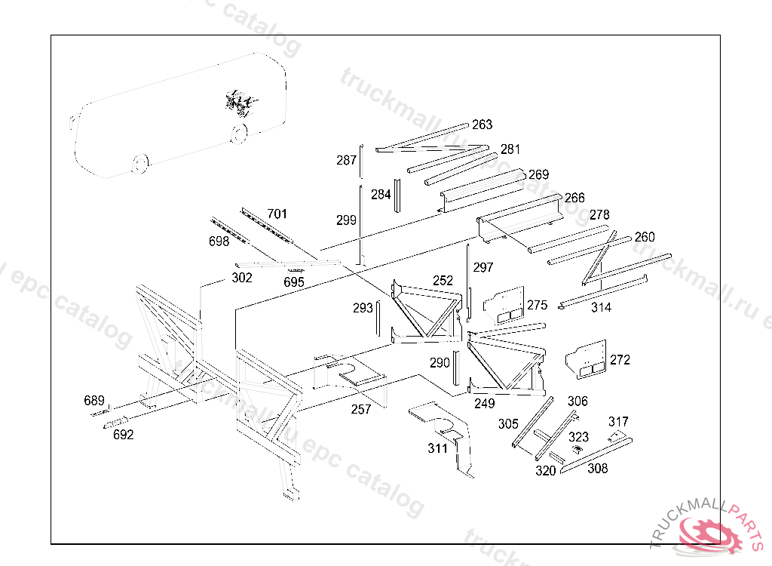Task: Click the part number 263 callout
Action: (482, 125)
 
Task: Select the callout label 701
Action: (277, 214)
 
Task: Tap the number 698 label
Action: (219, 241)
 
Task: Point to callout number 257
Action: (361, 410)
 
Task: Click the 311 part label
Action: (437, 449)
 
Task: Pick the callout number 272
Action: (620, 360)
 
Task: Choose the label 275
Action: (538, 305)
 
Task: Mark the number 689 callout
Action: (94, 400)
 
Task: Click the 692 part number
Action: (123, 435)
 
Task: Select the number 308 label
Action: (597, 469)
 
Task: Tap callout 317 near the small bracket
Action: (618, 422)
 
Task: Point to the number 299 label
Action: (346, 220)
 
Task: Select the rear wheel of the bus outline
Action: (239, 134)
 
